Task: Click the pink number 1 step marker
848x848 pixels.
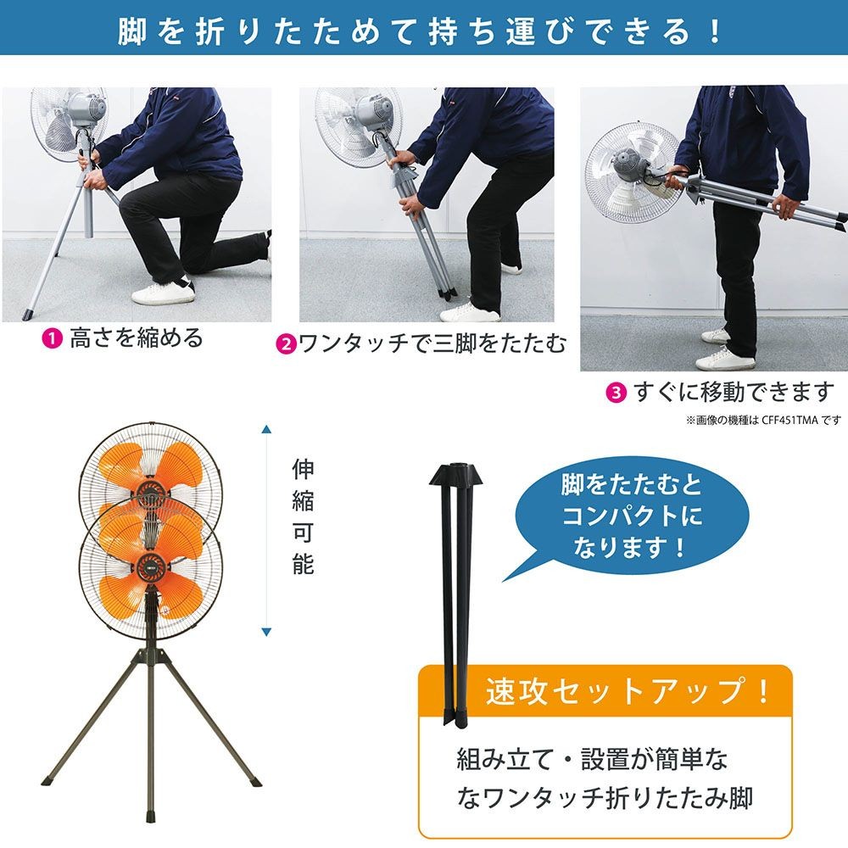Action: pyautogui.click(x=53, y=339)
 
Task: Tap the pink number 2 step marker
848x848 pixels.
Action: pyautogui.click(x=286, y=345)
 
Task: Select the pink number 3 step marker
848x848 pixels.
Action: pyautogui.click(x=616, y=393)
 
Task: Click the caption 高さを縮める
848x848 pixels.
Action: pyautogui.click(x=136, y=338)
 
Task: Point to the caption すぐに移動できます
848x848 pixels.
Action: pyautogui.click(x=734, y=393)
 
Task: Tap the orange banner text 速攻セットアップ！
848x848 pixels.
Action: pyautogui.click(x=628, y=692)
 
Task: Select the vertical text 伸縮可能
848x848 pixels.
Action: pyautogui.click(x=303, y=517)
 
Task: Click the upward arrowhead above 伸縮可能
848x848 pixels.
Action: pyautogui.click(x=266, y=428)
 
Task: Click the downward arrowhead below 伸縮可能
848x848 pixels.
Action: pyautogui.click(x=266, y=632)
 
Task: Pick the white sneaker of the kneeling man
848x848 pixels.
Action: pyautogui.click(x=163, y=293)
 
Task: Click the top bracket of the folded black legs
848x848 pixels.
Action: pyautogui.click(x=460, y=474)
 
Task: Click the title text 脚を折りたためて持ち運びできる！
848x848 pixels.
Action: pyautogui.click(x=421, y=31)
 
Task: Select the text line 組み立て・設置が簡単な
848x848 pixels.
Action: pyautogui.click(x=591, y=758)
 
